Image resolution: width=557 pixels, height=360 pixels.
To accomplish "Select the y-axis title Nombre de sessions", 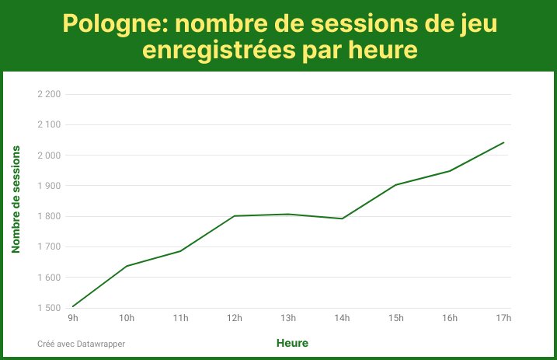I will [16, 199].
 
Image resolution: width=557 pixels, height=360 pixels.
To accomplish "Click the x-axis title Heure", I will [292, 342].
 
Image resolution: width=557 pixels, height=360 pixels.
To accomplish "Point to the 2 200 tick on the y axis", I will [48, 94].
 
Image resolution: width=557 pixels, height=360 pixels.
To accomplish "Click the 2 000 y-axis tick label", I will [48, 156].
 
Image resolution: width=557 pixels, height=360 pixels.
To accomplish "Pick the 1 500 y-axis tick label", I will [48, 308].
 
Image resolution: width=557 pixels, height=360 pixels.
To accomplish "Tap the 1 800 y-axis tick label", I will [48, 216].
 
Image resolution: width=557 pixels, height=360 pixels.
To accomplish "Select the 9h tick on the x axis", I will [72, 318].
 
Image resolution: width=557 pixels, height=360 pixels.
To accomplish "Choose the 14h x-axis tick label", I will [342, 318].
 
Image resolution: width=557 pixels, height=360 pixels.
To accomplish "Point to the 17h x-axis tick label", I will [503, 318].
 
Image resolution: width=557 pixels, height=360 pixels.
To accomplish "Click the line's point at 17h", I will [504, 142].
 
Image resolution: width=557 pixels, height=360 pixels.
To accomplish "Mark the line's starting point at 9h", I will [72, 306].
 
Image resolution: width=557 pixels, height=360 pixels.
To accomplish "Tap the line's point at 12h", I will [235, 216].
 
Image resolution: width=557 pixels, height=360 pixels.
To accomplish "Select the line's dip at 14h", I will [342, 218].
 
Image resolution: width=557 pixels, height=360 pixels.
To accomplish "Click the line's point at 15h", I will [396, 185].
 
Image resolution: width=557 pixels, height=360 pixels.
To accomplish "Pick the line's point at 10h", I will [127, 266].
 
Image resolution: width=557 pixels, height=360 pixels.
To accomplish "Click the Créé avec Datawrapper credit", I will [81, 343].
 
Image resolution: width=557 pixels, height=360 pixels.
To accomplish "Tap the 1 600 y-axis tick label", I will [48, 278].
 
